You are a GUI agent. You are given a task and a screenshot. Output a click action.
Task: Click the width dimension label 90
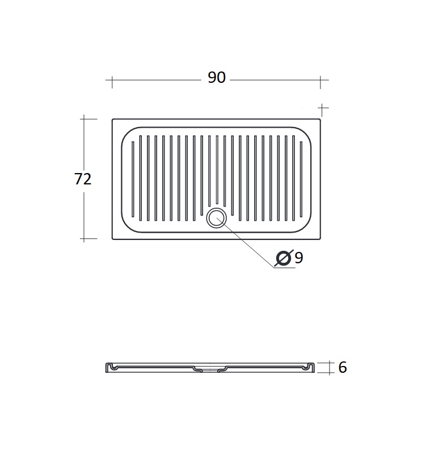(217, 77)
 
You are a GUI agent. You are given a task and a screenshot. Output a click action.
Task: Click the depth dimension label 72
(83, 179)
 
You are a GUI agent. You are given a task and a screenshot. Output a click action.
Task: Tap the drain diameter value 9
(299, 258)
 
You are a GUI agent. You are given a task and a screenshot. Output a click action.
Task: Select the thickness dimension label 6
(343, 368)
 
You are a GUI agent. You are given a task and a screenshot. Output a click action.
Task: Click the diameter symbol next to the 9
(284, 258)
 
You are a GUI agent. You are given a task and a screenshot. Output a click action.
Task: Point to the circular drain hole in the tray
(217, 218)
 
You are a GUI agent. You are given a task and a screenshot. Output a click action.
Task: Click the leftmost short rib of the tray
(133, 179)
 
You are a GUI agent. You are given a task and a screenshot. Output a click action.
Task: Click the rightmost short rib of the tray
(301, 179)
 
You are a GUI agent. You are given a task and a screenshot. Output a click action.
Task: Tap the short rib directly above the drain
(217, 170)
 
